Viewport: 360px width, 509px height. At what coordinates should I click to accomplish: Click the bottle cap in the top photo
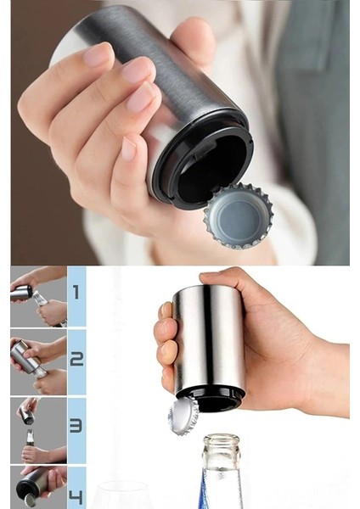click(x=239, y=215)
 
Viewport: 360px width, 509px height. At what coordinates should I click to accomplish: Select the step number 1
click(x=76, y=293)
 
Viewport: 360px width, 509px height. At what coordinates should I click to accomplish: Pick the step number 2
click(x=76, y=359)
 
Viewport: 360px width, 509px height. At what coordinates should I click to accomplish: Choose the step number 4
click(x=76, y=496)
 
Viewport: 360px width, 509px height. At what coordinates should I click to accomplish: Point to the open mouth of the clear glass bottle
click(x=222, y=440)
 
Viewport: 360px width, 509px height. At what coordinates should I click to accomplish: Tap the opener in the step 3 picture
click(x=26, y=415)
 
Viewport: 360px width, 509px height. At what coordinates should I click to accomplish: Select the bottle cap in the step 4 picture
click(x=29, y=500)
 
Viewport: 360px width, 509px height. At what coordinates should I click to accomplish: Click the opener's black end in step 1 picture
click(x=29, y=292)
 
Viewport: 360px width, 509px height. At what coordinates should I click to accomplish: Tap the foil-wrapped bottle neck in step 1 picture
click(x=40, y=298)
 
